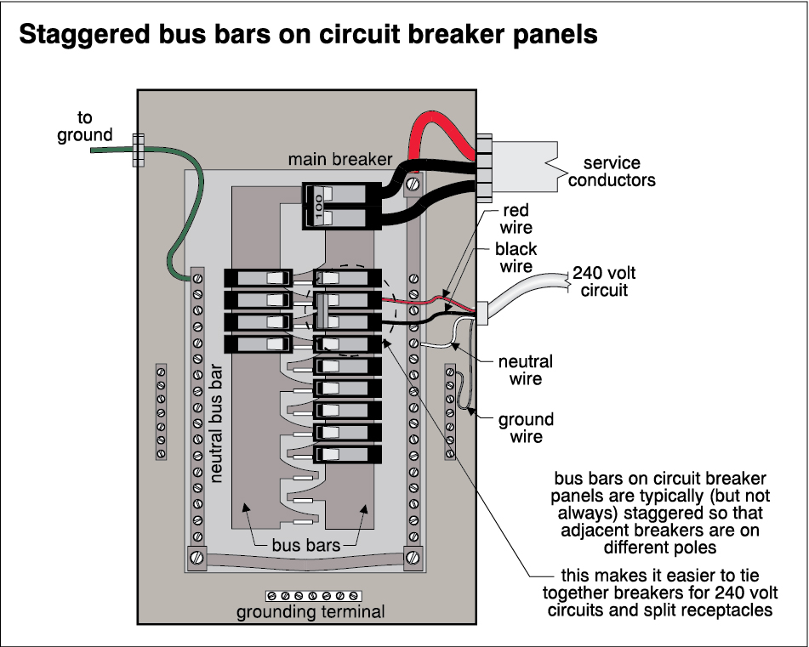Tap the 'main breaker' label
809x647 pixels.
(340, 159)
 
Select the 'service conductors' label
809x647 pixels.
(612, 172)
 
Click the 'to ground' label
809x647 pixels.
(84, 127)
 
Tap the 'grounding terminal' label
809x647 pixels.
(310, 611)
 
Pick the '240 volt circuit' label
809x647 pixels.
(604, 281)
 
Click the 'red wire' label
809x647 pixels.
(516, 219)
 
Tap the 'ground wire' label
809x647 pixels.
(526, 428)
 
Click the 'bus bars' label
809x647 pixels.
(304, 544)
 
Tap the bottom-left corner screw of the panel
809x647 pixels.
(195, 559)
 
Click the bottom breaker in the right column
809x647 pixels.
(347, 454)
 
